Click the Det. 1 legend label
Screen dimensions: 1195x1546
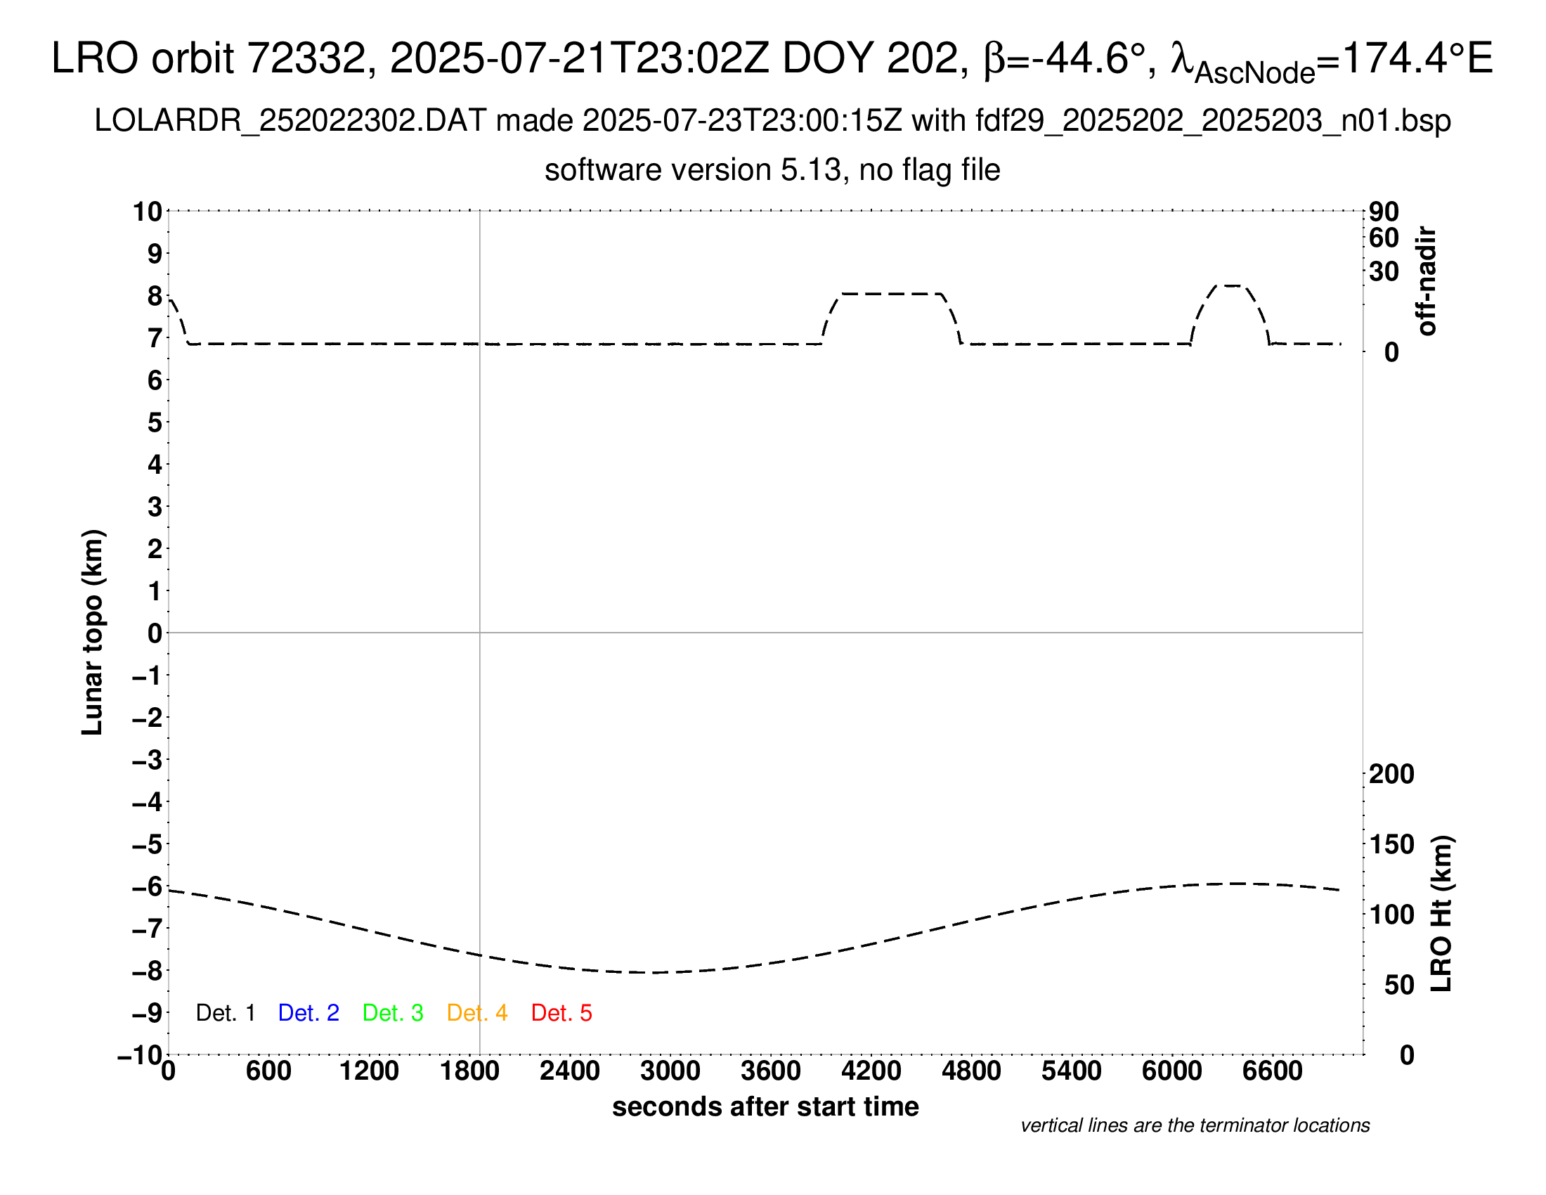225,1013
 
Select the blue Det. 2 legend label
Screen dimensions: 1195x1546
308,1013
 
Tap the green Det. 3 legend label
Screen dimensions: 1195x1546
393,1013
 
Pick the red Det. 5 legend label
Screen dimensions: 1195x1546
561,1013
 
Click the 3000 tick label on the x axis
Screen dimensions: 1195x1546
670,1071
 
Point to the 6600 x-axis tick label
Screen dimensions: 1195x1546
1272,1071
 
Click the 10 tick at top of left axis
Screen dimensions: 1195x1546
148,212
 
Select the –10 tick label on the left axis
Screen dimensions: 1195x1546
141,1056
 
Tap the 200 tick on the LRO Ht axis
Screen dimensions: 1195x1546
1391,775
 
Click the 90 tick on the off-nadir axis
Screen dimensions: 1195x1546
1384,212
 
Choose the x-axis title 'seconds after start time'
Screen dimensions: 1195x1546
765,1107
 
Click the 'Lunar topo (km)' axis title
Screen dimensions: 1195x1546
93,632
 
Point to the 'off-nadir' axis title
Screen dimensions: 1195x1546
1427,281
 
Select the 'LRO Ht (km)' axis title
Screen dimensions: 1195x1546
1441,914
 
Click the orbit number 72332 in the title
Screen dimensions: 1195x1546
311,58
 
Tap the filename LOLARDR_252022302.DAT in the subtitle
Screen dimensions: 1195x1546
290,121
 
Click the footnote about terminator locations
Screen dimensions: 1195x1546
1195,1125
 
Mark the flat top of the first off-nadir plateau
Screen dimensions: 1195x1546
891,294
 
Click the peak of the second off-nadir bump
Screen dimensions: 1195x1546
1232,286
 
